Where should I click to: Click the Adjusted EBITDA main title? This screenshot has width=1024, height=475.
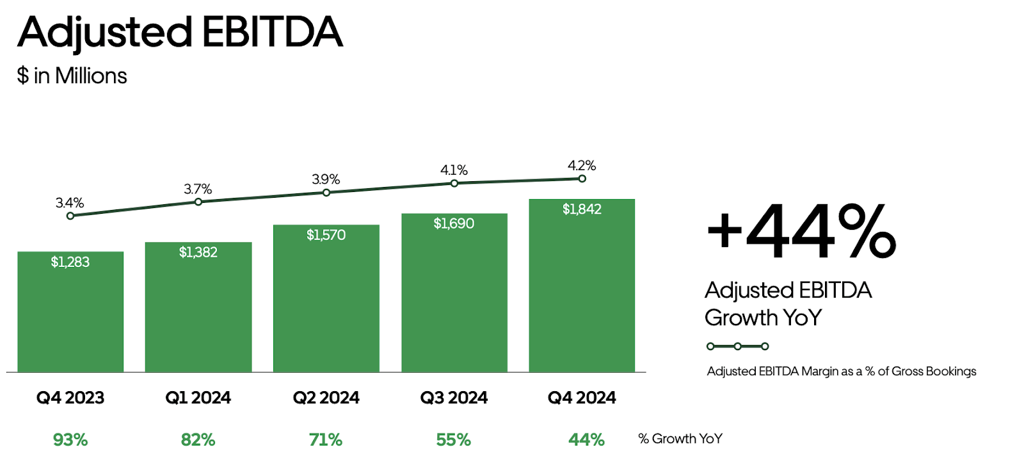click(x=180, y=32)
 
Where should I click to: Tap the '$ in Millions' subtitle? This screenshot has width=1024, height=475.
click(x=72, y=76)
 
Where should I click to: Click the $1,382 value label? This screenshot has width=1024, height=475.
click(x=198, y=252)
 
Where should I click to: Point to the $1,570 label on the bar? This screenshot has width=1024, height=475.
click(x=326, y=235)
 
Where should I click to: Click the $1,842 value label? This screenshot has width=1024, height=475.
click(x=582, y=209)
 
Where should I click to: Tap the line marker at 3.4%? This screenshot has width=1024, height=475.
click(x=70, y=216)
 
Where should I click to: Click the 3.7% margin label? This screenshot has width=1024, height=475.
click(x=198, y=189)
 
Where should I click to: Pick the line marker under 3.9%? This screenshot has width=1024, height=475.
click(x=326, y=192)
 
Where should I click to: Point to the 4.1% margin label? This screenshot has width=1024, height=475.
click(x=454, y=170)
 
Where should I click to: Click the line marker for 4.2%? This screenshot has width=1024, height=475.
click(x=582, y=179)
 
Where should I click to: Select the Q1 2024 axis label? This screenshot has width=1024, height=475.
click(x=198, y=398)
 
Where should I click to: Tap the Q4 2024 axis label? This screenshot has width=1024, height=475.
click(x=582, y=398)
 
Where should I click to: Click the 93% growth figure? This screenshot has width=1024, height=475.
click(x=70, y=440)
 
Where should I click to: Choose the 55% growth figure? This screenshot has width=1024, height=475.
click(x=453, y=440)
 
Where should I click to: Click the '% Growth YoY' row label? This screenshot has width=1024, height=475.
click(x=680, y=439)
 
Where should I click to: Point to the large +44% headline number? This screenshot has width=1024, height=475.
click(x=801, y=232)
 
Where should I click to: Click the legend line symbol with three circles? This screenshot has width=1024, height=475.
click(x=737, y=346)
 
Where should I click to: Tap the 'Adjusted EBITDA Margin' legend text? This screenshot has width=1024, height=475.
click(x=842, y=371)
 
